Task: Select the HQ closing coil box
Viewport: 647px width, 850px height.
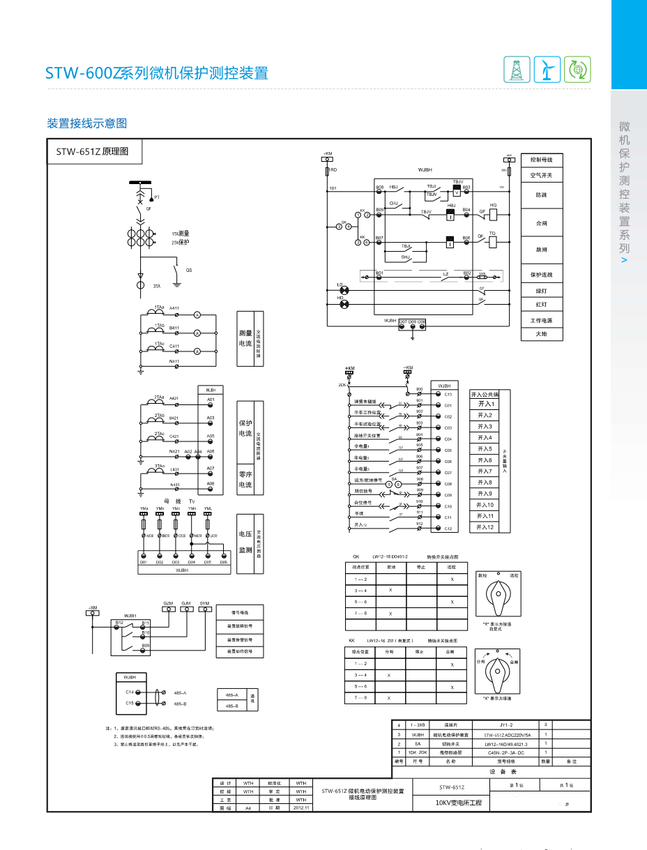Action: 493,214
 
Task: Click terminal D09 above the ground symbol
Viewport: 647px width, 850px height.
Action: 412,326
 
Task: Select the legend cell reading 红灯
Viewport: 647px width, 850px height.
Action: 542,305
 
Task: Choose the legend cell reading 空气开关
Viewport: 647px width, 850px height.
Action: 542,175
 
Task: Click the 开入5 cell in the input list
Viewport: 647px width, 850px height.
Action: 485,449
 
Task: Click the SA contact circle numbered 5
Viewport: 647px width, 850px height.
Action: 389,484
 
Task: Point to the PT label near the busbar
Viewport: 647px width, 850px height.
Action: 158,197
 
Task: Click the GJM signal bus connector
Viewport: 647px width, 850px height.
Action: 186,609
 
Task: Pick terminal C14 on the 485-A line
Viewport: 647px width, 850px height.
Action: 138,692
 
